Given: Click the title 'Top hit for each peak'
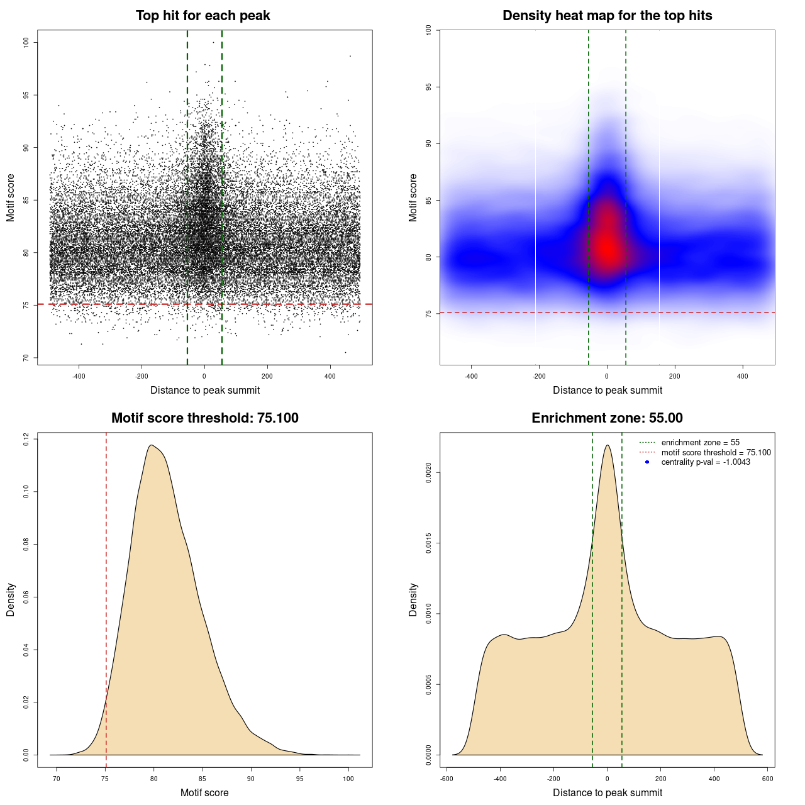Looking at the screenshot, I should tap(203, 16).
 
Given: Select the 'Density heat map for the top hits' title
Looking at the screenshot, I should tap(607, 16).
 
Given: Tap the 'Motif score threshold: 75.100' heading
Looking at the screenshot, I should tap(204, 418).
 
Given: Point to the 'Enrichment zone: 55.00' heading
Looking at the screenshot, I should tap(607, 418).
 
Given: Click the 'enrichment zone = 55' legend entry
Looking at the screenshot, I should tap(700, 443).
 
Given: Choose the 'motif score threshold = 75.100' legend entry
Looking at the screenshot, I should tap(716, 453).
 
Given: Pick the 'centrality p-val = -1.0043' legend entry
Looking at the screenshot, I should tap(706, 462).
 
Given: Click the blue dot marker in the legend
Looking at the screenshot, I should tap(647, 462).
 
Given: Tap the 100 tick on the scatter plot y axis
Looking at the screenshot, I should tap(26, 42).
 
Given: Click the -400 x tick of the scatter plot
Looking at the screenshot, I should tap(79, 377).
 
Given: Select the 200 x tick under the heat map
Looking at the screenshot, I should tap(675, 377).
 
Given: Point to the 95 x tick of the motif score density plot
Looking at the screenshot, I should tap(300, 779).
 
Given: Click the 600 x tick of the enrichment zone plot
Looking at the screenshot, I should tap(767, 779).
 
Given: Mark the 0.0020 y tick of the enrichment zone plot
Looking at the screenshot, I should tap(428, 473).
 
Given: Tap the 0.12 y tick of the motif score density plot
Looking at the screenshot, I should tap(26, 438).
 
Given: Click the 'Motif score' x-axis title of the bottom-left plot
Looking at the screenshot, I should tap(204, 793).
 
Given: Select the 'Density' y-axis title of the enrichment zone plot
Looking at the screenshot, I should tap(413, 600).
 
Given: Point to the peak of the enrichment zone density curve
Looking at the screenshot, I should tap(607, 445).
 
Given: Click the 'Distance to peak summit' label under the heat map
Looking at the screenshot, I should tap(607, 391).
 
